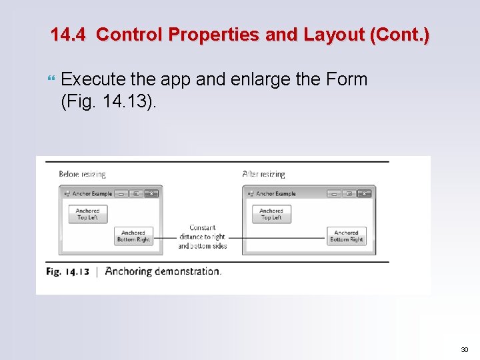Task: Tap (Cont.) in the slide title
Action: [x=399, y=35]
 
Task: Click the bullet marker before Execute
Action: [x=53, y=79]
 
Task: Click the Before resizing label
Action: [x=82, y=174]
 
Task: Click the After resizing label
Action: [x=263, y=174]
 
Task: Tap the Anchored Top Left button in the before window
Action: [x=87, y=214]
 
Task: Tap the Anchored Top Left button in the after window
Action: [x=271, y=214]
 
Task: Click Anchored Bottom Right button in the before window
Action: [x=133, y=237]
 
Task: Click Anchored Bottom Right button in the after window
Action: [x=347, y=237]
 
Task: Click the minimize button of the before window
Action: [x=121, y=193]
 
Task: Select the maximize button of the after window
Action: [x=349, y=193]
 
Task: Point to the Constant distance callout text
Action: [x=202, y=237]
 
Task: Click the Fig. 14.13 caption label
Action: [x=68, y=271]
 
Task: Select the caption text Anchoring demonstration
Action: [x=163, y=271]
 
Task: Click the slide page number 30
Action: [x=464, y=349]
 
